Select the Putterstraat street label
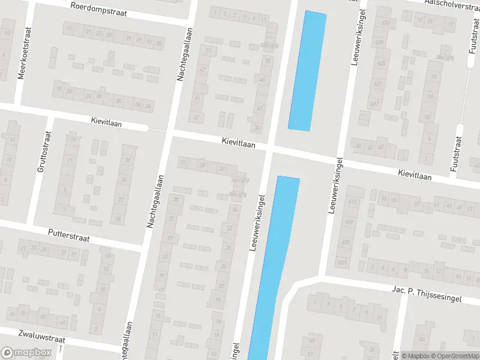pos(69,234)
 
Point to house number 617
pos(376,104)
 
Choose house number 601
pos(342,262)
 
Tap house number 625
pos(379,63)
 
